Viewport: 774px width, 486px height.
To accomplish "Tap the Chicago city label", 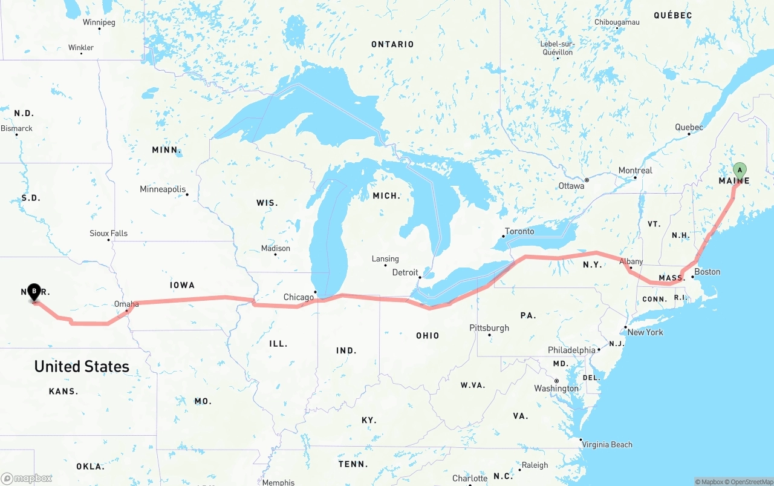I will click(299, 297).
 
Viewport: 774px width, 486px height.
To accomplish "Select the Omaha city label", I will click(126, 304).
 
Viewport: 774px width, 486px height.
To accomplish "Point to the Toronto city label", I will click(519, 231).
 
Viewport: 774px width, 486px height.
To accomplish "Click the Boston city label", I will click(707, 272).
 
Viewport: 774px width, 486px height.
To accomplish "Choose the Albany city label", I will click(631, 261).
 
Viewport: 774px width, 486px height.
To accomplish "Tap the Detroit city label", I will click(405, 272).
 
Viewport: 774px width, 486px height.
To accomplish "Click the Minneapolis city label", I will click(163, 189).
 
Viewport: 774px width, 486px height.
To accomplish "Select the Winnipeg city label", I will click(99, 22).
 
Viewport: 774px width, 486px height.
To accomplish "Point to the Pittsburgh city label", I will click(489, 328).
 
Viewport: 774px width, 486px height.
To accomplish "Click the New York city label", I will click(645, 332).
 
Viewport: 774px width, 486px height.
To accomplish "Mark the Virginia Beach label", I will click(607, 445).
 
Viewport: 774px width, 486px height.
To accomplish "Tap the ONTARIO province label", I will click(392, 44).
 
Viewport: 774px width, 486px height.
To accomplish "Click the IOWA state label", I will click(182, 285).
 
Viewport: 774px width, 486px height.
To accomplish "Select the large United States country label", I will click(82, 366).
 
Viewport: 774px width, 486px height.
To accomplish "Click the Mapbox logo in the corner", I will click(27, 478).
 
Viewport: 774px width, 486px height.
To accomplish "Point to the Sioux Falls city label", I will click(109, 234).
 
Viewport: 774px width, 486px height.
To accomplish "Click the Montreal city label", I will click(635, 171).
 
